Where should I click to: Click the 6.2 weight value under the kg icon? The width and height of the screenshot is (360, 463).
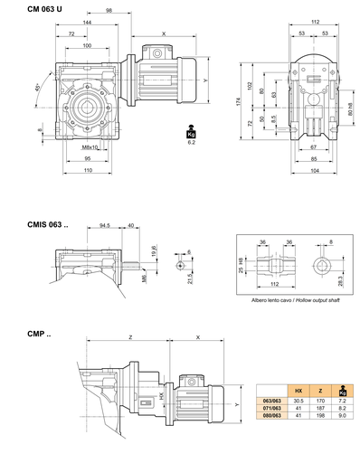point(192,143)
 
